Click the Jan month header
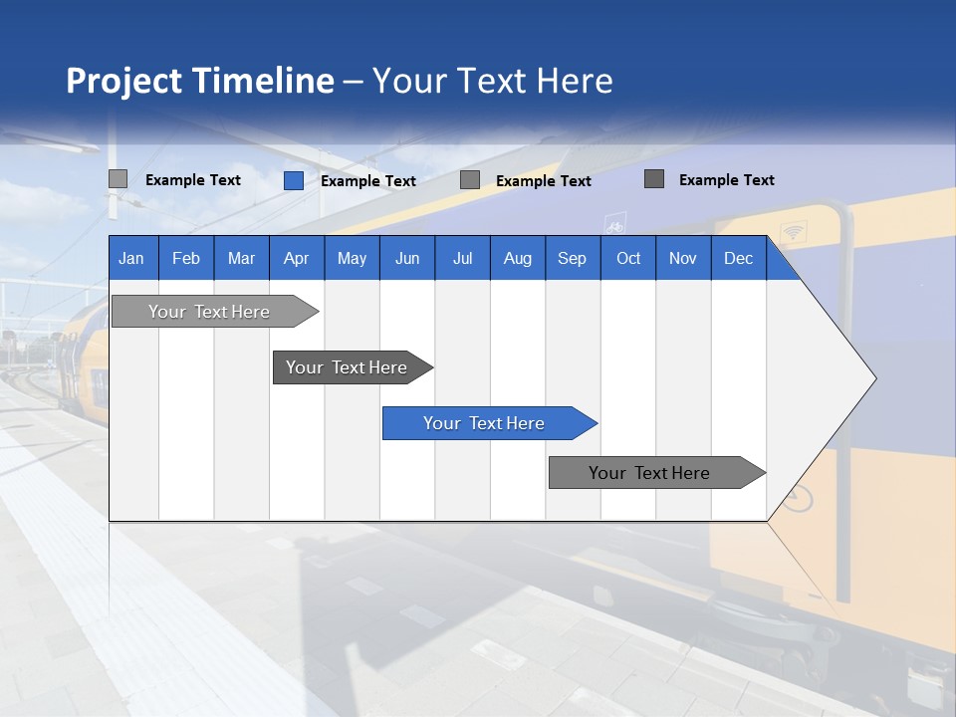131,258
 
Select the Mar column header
241,258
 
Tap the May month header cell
352,258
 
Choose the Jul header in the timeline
462,258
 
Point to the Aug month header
517,258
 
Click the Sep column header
572,258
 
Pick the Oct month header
628,258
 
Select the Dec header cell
738,258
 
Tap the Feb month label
186,258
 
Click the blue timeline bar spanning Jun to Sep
484,423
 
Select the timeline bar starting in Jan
209,312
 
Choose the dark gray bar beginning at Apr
347,367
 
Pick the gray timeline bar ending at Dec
649,473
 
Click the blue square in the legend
294,180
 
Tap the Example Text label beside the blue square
368,181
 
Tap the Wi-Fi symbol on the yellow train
793,233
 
